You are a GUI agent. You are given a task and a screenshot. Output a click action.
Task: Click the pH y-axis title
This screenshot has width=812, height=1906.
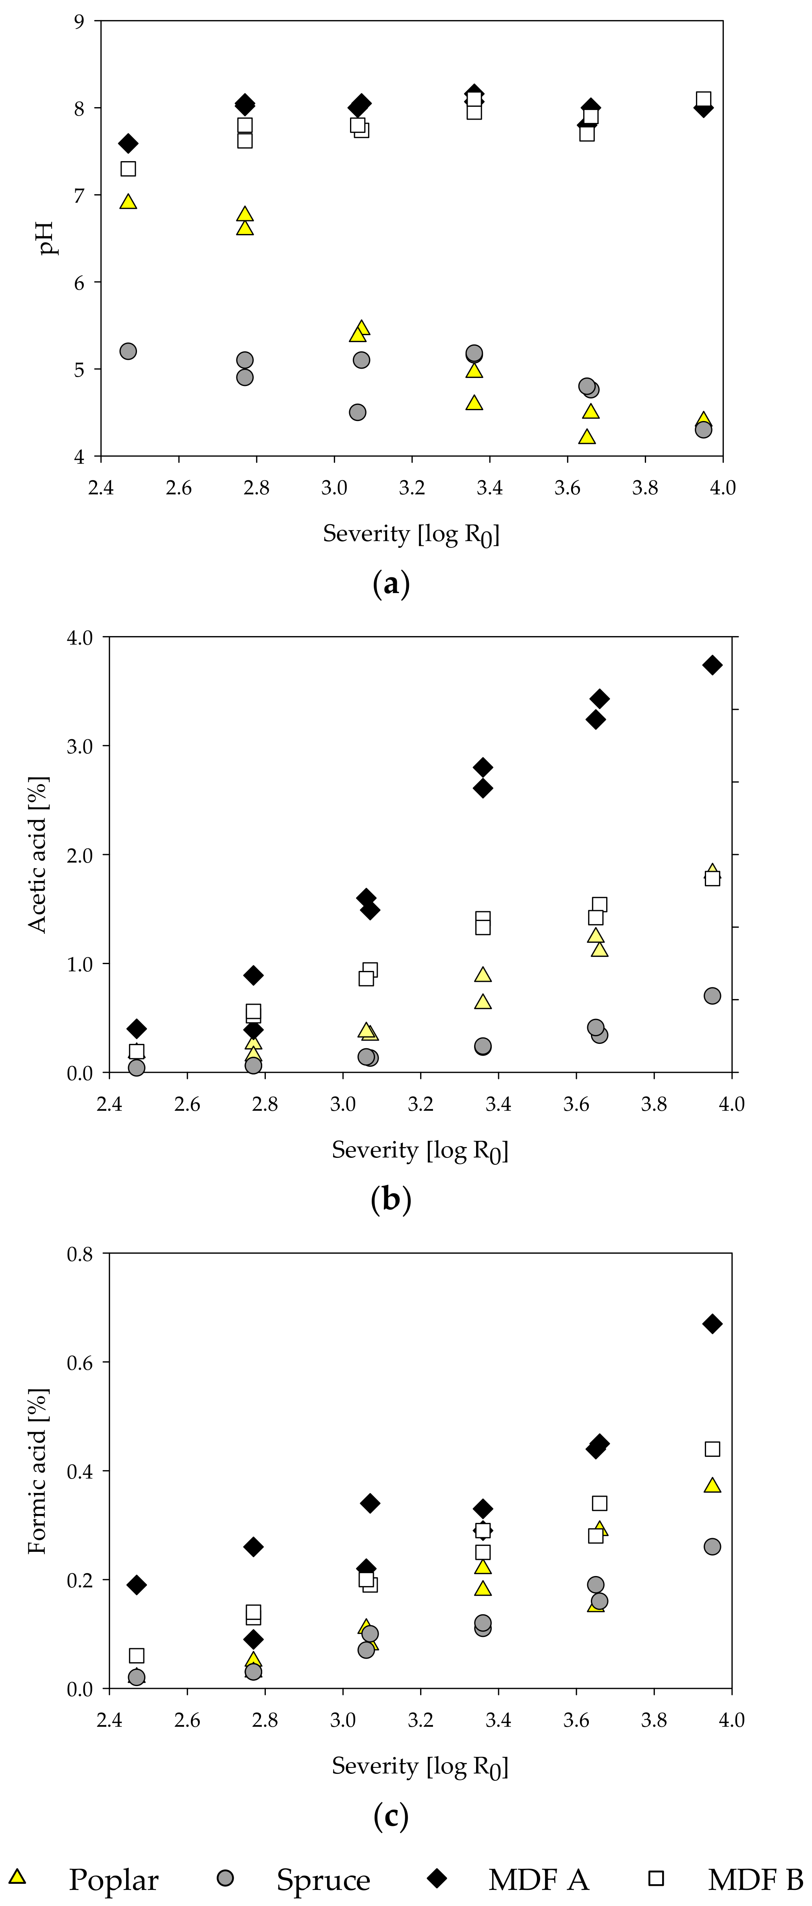(48, 238)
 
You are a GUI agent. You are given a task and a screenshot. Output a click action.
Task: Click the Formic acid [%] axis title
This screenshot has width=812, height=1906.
(37, 1471)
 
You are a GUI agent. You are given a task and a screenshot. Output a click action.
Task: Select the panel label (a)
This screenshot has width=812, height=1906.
(391, 584)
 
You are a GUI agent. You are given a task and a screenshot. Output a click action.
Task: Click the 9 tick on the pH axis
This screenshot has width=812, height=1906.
(79, 21)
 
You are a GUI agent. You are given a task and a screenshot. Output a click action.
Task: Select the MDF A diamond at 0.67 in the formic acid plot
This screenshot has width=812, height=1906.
(712, 1324)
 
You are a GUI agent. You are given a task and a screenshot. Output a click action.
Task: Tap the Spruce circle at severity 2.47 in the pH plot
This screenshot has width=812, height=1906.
(128, 351)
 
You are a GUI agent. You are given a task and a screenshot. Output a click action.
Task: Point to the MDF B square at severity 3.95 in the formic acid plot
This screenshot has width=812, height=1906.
(712, 1449)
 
